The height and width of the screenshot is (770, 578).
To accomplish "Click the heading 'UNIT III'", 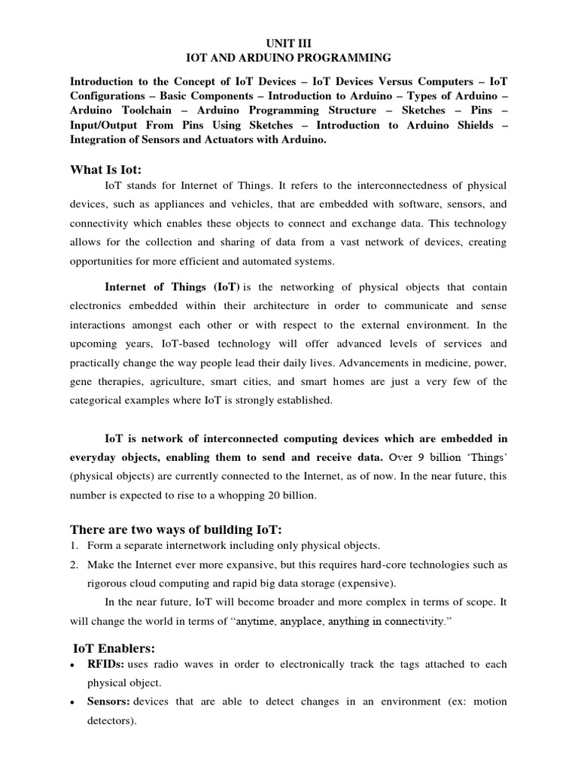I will click(x=289, y=44).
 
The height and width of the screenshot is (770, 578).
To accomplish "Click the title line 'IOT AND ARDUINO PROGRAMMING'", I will click(x=289, y=57).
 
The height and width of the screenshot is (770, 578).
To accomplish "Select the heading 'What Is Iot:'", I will click(x=106, y=170).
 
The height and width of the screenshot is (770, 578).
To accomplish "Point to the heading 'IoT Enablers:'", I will click(x=113, y=648).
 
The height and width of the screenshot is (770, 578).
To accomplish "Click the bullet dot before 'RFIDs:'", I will click(x=71, y=665).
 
